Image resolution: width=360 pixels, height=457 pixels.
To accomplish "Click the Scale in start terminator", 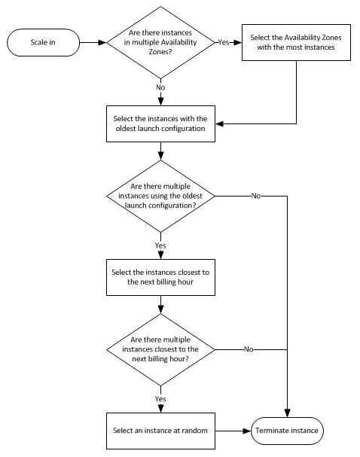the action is [43, 43].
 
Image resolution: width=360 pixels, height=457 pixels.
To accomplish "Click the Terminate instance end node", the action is [287, 431].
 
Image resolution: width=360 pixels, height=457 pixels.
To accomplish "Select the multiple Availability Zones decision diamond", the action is [160, 43].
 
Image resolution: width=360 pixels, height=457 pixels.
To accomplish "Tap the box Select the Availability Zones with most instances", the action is [296, 43].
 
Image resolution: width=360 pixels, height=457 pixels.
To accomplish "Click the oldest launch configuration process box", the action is [160, 124].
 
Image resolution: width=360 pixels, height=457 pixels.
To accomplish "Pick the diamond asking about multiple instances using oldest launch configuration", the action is [160, 197].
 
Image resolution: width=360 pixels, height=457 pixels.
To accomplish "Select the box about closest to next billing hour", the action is [160, 278].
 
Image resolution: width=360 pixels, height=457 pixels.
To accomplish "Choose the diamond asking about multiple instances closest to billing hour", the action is [160, 350].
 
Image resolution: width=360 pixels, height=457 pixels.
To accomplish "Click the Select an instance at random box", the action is [160, 431].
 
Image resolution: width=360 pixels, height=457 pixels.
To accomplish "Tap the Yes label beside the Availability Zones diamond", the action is [224, 43].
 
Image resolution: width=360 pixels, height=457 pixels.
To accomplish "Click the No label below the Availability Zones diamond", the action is [160, 87].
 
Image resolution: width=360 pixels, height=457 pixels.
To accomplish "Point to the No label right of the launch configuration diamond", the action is [256, 196].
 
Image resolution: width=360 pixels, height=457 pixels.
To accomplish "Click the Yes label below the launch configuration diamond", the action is [160, 245].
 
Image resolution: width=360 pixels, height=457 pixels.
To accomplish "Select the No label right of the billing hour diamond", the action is [249, 349].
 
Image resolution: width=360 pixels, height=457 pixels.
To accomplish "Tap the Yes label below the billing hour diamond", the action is [160, 399].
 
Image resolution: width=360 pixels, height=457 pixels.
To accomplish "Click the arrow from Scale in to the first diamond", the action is [93, 43].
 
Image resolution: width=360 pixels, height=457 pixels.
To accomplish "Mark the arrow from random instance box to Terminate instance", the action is [233, 431].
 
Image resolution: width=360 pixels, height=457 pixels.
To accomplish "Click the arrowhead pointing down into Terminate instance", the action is [288, 413].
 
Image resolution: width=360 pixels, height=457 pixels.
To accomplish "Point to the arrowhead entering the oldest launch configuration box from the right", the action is [219, 124].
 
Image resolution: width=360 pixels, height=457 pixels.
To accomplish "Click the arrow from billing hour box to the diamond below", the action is [160, 305].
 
